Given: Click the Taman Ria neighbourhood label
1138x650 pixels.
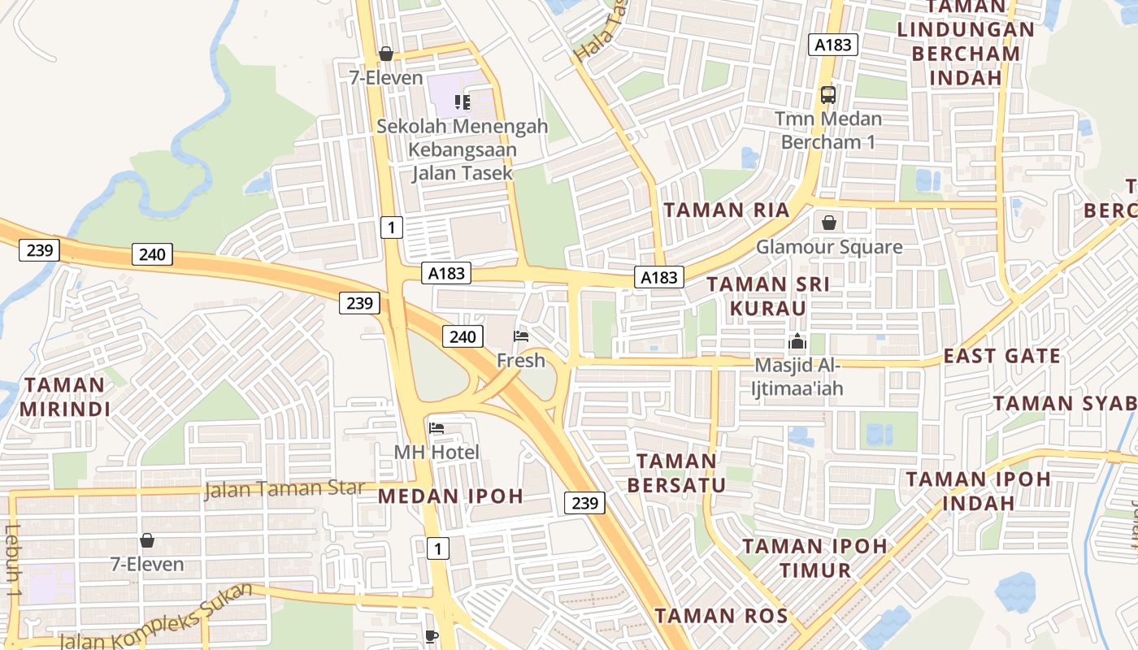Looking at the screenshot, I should [x=726, y=210].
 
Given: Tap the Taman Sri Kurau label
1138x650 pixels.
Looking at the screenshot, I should [x=767, y=297].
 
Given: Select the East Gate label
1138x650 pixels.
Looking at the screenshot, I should [x=1001, y=356].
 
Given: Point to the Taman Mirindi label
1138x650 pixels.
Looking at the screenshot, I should [x=64, y=396].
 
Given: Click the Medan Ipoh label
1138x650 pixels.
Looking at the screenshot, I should [x=450, y=496].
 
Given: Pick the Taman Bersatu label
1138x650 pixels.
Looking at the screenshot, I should [x=676, y=474].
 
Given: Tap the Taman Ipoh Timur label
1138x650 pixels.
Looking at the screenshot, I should [x=814, y=557].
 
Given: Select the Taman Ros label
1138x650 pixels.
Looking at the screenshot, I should [x=722, y=616].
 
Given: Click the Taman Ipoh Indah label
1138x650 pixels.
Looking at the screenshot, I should [x=978, y=491].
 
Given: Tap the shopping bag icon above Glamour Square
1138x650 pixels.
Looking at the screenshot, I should [x=829, y=222].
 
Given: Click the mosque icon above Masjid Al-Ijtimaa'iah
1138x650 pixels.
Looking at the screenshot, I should [x=797, y=342].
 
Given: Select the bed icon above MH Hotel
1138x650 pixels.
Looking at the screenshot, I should [x=437, y=428].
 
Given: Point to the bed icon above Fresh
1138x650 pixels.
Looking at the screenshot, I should [x=521, y=336].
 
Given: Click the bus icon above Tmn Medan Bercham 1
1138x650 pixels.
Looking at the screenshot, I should [x=827, y=95].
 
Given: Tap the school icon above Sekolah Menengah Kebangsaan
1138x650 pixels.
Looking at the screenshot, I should [x=463, y=102].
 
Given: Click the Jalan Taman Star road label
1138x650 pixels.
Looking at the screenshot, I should [x=284, y=489].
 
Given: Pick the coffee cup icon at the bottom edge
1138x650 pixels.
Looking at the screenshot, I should [x=432, y=636].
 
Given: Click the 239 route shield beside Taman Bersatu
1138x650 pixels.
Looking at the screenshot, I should [x=584, y=503].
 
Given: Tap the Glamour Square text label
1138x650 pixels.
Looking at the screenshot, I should [x=829, y=247].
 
